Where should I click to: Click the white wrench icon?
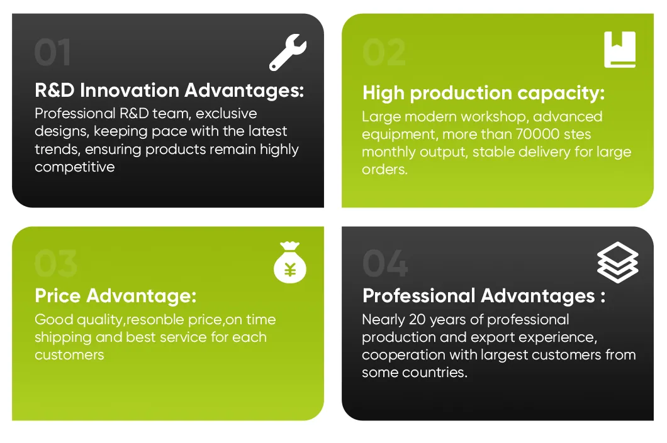pos(288,52)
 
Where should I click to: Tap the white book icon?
pos(620,50)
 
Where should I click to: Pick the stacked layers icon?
pos(617,262)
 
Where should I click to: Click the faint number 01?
pos(53,53)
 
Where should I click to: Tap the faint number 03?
pos(55,263)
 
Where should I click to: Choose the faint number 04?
pos(385,263)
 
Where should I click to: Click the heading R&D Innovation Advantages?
pos(169,90)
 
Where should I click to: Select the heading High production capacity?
pos(483,94)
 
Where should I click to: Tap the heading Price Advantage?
pos(116,295)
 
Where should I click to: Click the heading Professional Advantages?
pos(484,295)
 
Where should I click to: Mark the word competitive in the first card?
pos(75,167)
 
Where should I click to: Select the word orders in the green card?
pos(384,170)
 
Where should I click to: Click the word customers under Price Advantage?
pos(69,355)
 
